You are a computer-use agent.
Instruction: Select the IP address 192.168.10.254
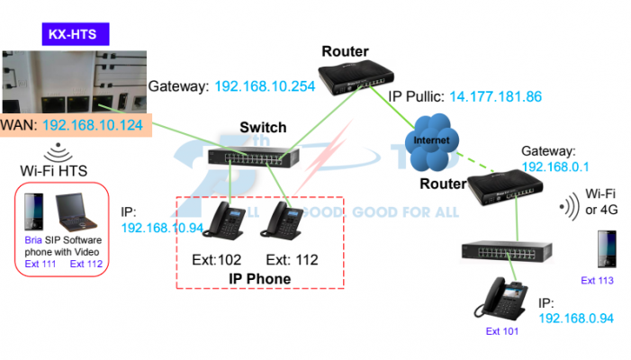(267, 86)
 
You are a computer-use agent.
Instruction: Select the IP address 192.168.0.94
(575, 318)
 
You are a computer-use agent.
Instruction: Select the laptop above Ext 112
(78, 215)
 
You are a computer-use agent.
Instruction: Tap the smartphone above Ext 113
(604, 248)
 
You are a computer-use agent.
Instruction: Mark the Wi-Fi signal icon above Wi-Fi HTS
(59, 149)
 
